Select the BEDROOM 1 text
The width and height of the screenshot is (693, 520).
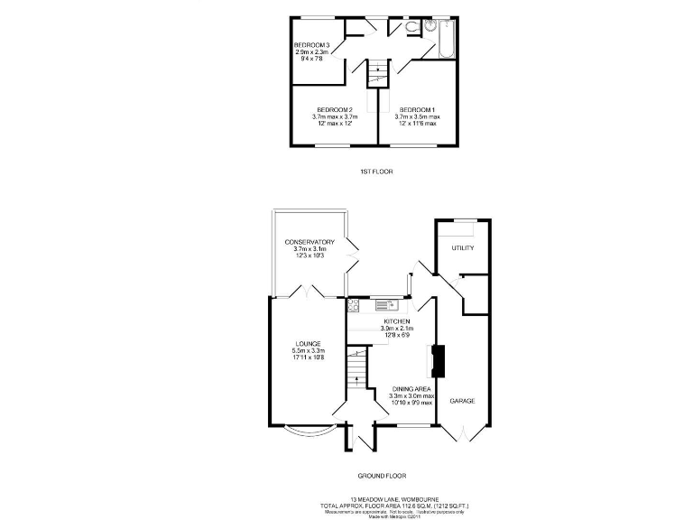(x=417, y=109)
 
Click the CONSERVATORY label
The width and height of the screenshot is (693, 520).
(x=310, y=242)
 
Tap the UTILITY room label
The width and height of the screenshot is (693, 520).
(x=463, y=247)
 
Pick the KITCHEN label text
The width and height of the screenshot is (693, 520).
(x=397, y=321)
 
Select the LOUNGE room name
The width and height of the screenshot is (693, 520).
(x=308, y=343)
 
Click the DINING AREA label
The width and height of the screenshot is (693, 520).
(x=411, y=388)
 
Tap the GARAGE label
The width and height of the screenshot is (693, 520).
(x=462, y=400)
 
